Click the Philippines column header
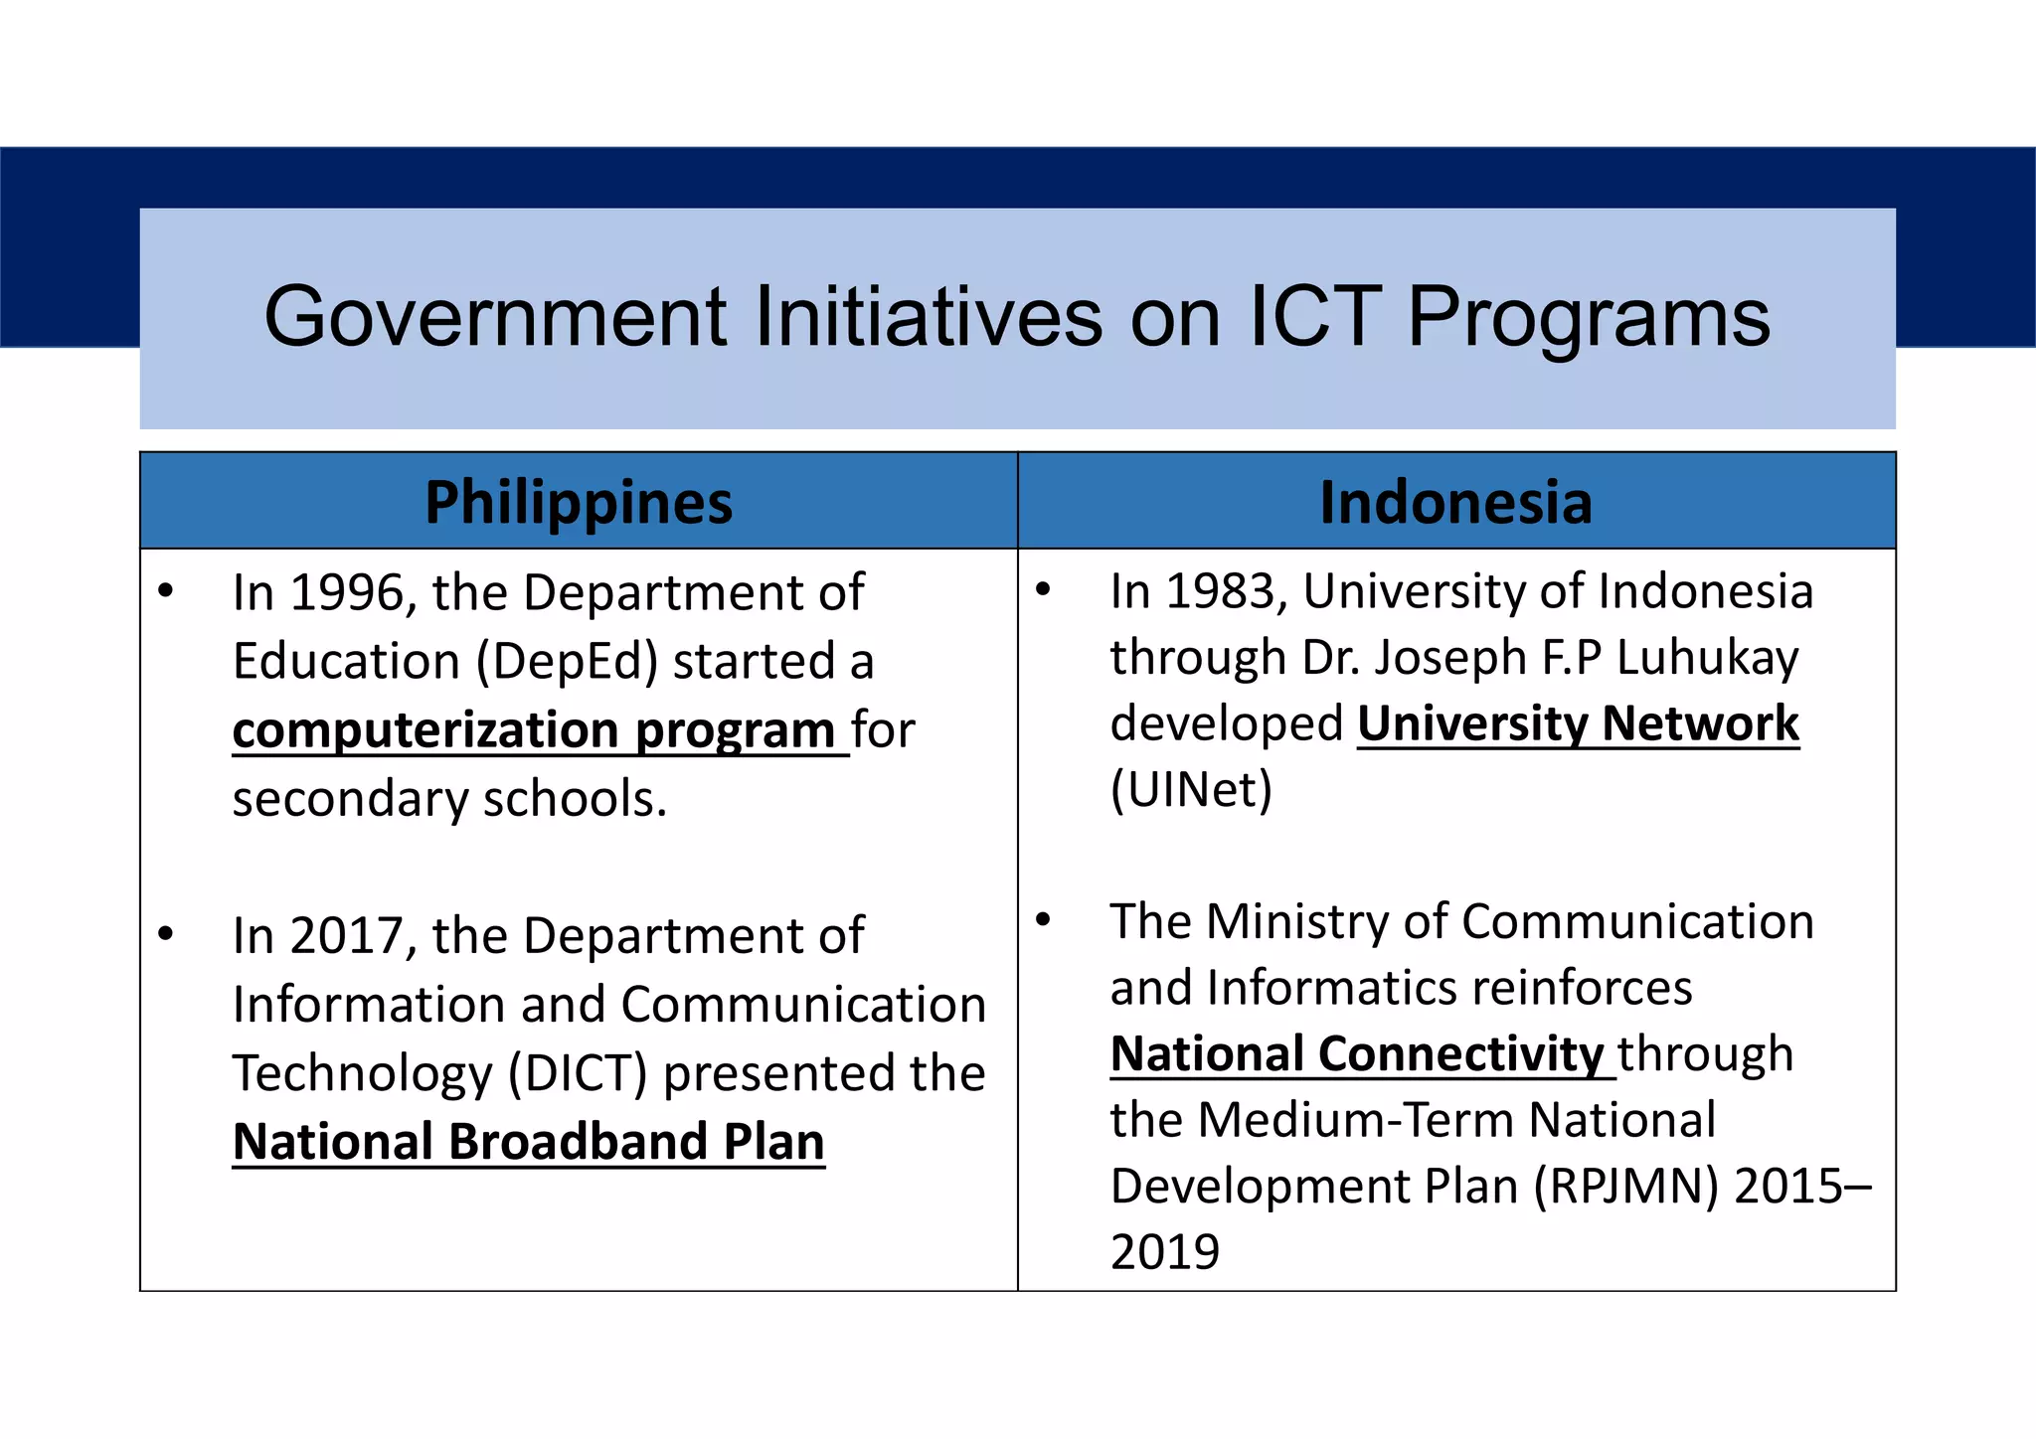[x=579, y=502]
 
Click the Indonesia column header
[x=1455, y=502]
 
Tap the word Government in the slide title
[x=495, y=317]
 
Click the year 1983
[x=1221, y=591]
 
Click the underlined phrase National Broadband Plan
[x=528, y=1141]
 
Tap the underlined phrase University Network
[x=1578, y=723]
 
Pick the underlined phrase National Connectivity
[x=1357, y=1053]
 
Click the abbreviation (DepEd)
[x=567, y=662]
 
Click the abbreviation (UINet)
[x=1191, y=790]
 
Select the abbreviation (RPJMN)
[x=1625, y=1187]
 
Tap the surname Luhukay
[x=1707, y=658]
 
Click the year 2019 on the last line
[x=1164, y=1252]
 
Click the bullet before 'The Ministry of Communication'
[x=1043, y=919]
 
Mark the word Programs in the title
[x=1588, y=317]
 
